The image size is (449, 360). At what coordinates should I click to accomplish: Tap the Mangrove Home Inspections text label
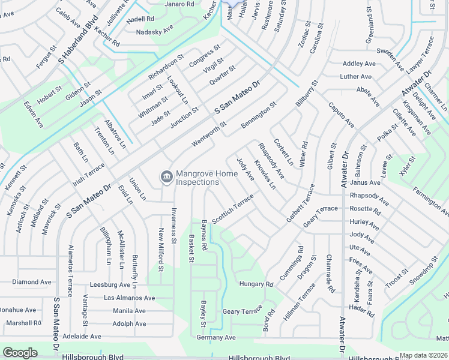(197, 178)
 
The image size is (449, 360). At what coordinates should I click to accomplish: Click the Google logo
(20, 353)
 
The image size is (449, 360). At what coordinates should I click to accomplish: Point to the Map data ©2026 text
(424, 355)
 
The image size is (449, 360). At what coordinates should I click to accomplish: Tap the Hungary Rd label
(256, 284)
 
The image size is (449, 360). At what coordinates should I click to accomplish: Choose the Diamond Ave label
(32, 282)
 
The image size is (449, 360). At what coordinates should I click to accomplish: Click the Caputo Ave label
(340, 115)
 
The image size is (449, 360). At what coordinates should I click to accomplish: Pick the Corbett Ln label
(283, 152)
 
